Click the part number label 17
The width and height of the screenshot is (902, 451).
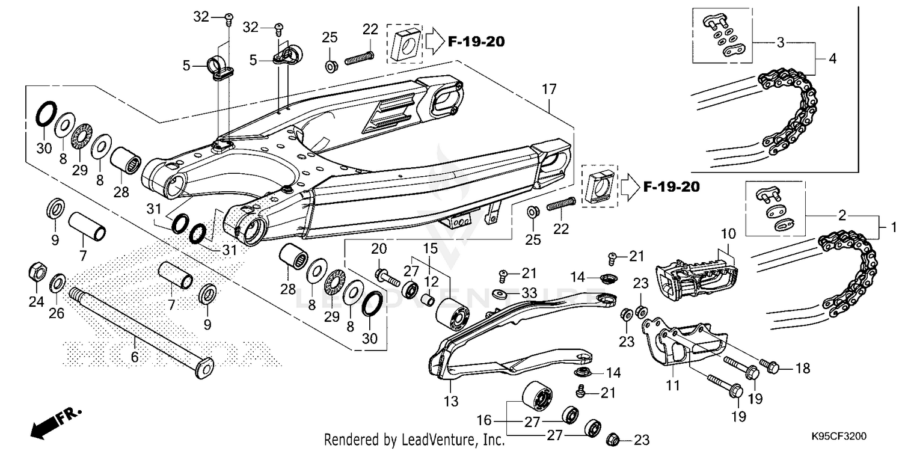tap(549, 90)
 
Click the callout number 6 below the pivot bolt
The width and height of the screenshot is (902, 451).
tap(135, 357)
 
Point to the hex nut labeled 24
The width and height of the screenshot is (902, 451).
tap(35, 272)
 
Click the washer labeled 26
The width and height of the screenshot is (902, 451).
tap(58, 281)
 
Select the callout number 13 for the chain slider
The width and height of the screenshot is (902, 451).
tap(451, 400)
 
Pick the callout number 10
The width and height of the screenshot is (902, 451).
tap(728, 233)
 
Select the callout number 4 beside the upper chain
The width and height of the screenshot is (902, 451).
tap(832, 59)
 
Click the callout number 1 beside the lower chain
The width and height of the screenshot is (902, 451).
tap(893, 227)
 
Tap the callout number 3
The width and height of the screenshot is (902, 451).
tap(780, 43)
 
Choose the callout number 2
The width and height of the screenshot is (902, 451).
tap(842, 215)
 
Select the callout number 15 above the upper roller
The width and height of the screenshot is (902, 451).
tap(429, 248)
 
